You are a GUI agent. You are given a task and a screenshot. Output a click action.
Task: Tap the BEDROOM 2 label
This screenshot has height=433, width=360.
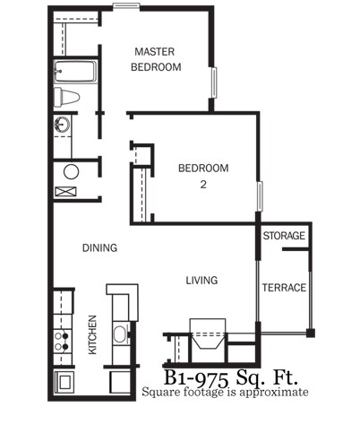[202, 176]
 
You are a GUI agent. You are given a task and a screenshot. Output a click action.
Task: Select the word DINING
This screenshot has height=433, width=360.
[100, 248]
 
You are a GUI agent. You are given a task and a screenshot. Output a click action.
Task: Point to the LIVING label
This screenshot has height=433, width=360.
[201, 281]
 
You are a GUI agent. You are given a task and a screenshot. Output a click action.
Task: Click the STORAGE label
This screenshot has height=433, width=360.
[284, 237]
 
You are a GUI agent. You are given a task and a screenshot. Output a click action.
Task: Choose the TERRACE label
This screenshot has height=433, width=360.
[284, 288]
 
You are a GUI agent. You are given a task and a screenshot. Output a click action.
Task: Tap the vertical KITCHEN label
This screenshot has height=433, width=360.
[92, 335]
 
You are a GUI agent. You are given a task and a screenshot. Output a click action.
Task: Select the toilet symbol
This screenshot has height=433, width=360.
[68, 97]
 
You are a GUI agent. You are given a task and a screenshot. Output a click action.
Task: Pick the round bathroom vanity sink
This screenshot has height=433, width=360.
[63, 126]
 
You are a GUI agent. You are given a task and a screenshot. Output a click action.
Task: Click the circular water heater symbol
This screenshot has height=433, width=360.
[71, 170]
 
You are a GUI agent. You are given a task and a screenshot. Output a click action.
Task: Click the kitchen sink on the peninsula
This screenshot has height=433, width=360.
[119, 335]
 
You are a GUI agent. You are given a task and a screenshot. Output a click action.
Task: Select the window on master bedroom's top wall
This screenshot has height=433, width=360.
[126, 7]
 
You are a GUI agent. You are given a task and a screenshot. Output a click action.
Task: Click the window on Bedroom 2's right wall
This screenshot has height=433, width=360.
[259, 195]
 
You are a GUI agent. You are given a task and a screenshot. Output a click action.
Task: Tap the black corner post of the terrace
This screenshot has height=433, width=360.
[310, 333]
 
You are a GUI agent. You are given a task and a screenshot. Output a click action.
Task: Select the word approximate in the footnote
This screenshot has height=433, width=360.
[273, 392]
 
